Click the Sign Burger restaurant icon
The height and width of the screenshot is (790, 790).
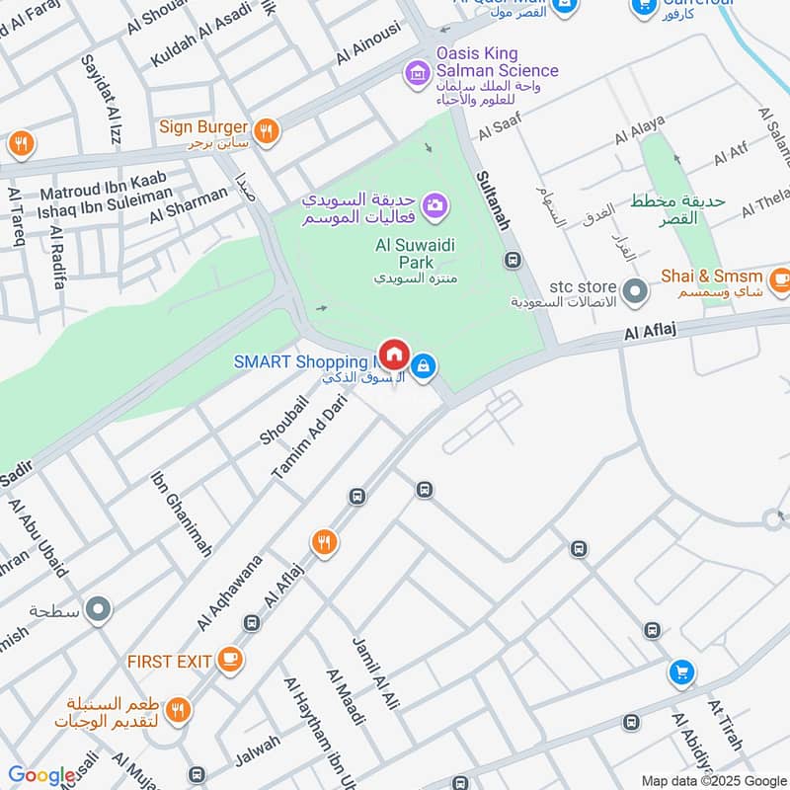(265, 131)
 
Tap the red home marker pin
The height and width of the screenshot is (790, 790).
(395, 354)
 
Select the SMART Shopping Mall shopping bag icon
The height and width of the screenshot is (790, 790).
(424, 366)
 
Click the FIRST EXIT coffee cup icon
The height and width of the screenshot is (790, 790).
(230, 658)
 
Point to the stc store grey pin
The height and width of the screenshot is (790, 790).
(636, 292)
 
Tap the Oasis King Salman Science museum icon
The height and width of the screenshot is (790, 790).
(416, 72)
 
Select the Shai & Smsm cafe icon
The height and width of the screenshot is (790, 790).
(779, 279)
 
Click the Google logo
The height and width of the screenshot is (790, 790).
(41, 775)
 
